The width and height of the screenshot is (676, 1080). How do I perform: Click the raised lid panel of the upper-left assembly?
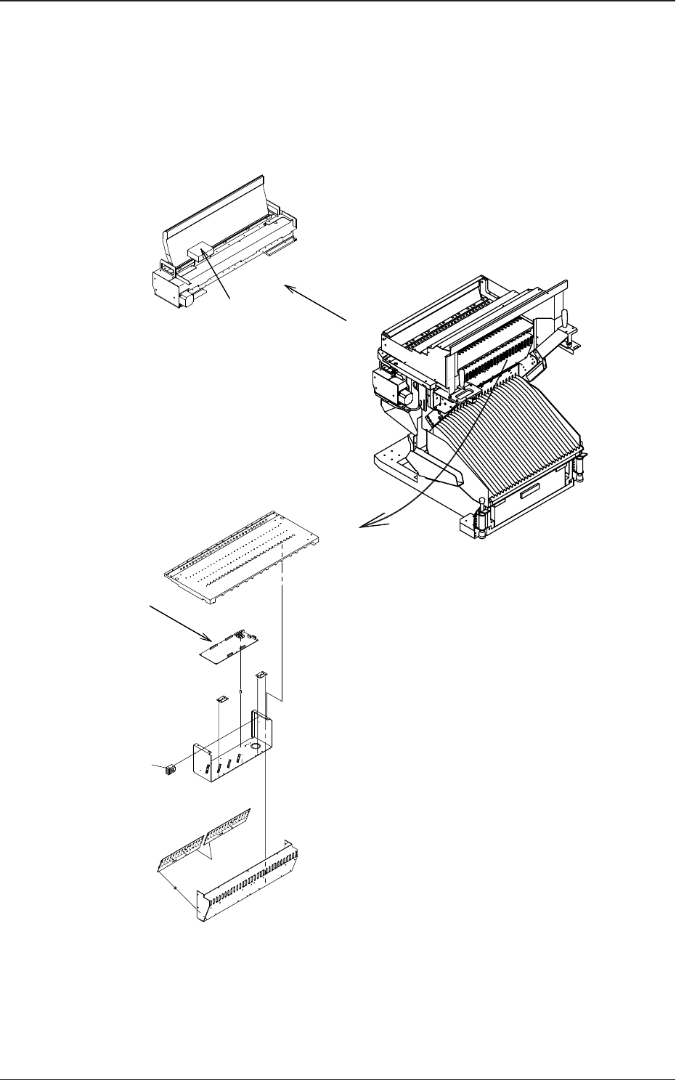coord(218,207)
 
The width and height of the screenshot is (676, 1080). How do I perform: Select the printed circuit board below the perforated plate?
coord(230,646)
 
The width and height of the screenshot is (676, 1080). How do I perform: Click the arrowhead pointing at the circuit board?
coord(206,640)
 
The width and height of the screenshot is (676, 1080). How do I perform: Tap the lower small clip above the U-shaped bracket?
coord(224,699)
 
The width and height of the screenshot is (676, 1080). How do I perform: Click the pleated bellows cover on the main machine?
coord(508,436)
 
